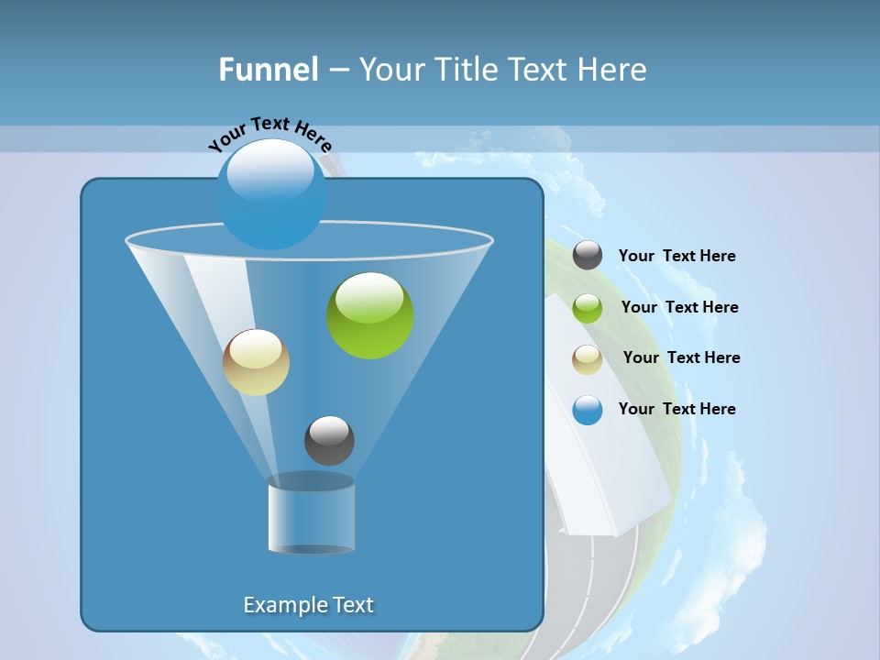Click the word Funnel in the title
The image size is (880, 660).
pyautogui.click(x=268, y=70)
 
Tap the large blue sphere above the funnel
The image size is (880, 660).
pyautogui.click(x=270, y=194)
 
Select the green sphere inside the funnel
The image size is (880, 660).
pyautogui.click(x=370, y=315)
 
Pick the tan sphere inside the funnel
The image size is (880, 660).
pyautogui.click(x=256, y=362)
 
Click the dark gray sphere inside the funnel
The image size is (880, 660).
pyautogui.click(x=329, y=441)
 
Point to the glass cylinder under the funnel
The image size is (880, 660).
pyautogui.click(x=312, y=514)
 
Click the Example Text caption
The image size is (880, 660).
pyautogui.click(x=308, y=605)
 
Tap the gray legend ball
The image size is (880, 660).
pyautogui.click(x=588, y=256)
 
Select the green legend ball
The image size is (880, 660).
pyautogui.click(x=588, y=308)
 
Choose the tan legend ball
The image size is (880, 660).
pyautogui.click(x=588, y=359)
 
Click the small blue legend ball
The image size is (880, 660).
pyautogui.click(x=588, y=410)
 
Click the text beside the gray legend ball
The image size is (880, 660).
pyautogui.click(x=676, y=256)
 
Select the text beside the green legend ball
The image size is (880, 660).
pyautogui.click(x=679, y=307)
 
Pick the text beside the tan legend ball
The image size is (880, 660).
pyautogui.click(x=681, y=357)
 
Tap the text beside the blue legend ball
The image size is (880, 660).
pyautogui.click(x=676, y=409)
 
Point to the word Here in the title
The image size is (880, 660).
pyautogui.click(x=612, y=70)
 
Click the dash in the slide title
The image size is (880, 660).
pyautogui.click(x=337, y=70)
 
